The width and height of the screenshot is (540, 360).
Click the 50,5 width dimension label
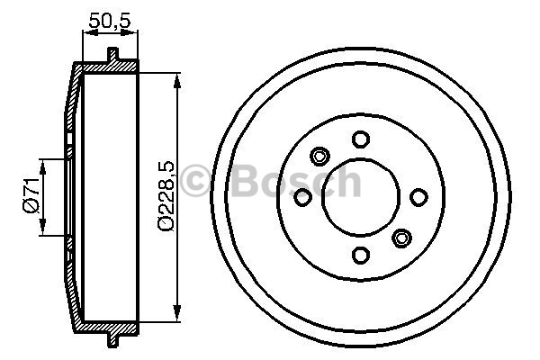pyautogui.click(x=110, y=21)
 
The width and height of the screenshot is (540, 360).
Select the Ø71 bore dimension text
pyautogui.click(x=31, y=195)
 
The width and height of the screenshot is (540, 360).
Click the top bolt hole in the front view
pyautogui.click(x=361, y=139)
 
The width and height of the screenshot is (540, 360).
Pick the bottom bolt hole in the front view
pyautogui.click(x=361, y=256)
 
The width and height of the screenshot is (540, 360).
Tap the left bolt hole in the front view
pyautogui.click(x=302, y=197)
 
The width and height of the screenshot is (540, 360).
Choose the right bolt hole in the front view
pyautogui.click(x=418, y=197)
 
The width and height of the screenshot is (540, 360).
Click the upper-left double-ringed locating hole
pyautogui.click(x=319, y=157)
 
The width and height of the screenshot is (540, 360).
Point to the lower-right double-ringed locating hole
pyautogui.click(x=401, y=238)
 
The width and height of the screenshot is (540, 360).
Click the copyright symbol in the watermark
pyautogui.click(x=195, y=181)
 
